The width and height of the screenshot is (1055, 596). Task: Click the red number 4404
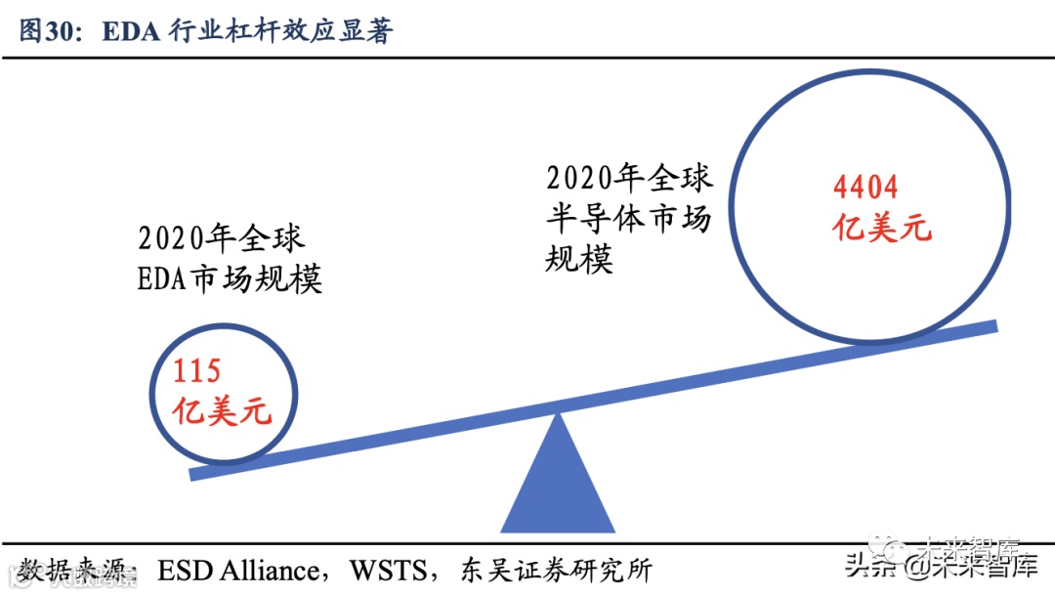865,187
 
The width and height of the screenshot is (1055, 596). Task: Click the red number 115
197,370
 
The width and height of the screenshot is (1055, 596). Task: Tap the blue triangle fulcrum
558,484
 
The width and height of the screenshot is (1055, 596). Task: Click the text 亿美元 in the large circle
882,229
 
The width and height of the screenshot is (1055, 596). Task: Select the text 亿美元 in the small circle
222,411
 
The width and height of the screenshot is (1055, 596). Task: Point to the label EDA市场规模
231,279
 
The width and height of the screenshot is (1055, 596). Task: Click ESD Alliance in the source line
238,571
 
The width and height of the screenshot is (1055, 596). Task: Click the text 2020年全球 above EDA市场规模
222,238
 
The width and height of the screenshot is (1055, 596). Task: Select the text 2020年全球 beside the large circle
629,178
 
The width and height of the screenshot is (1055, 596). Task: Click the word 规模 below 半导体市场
579,260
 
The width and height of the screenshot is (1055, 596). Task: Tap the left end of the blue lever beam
195,473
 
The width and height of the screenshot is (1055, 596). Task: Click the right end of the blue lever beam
992,327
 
